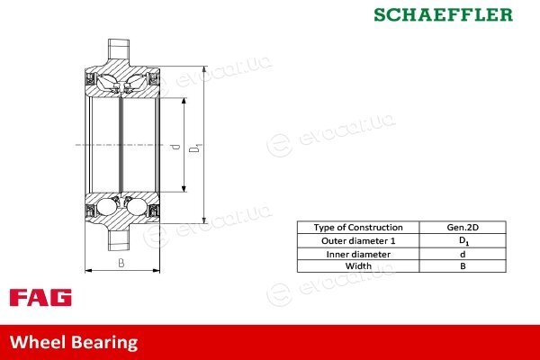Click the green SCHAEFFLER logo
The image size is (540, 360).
click(x=443, y=14)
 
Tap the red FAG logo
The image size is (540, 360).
click(x=40, y=298)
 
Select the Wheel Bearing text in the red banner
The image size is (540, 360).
click(x=74, y=342)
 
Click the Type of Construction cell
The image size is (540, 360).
click(x=358, y=228)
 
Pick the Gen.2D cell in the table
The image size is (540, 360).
click(x=463, y=228)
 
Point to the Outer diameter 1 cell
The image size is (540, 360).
click(x=358, y=241)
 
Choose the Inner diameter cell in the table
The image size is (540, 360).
click(x=358, y=254)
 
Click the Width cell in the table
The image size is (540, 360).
click(x=358, y=266)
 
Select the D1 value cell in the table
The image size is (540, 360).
click(x=463, y=241)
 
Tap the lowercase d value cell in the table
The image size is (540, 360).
click(x=463, y=254)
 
